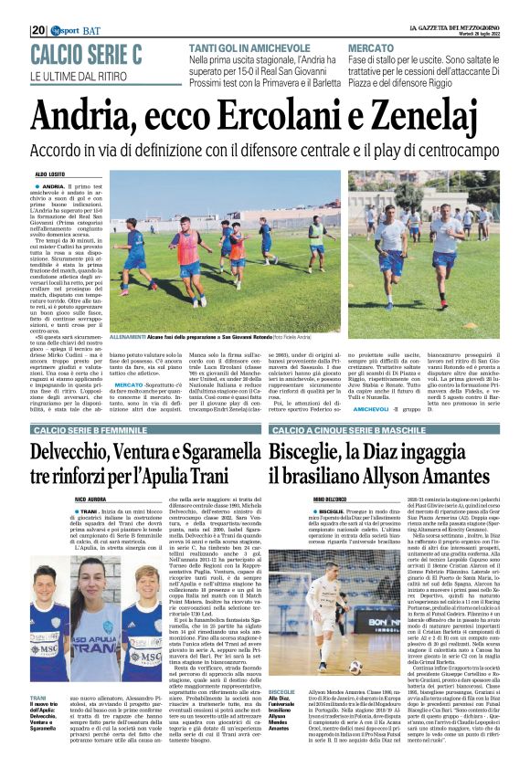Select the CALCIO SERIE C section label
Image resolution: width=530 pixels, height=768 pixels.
[87, 54]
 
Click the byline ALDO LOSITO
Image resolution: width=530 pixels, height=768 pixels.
[53, 173]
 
